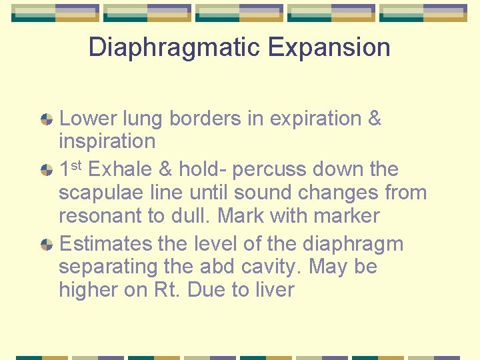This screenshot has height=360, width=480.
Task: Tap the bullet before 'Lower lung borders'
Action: coord(47,119)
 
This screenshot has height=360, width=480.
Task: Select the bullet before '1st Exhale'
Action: coord(47,170)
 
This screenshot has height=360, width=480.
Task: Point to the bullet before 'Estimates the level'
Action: coord(47,245)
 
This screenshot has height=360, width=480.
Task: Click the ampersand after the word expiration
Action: coord(374,119)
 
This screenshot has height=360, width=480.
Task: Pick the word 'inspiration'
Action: coord(107,141)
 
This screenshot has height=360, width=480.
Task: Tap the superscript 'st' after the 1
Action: coord(77,165)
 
